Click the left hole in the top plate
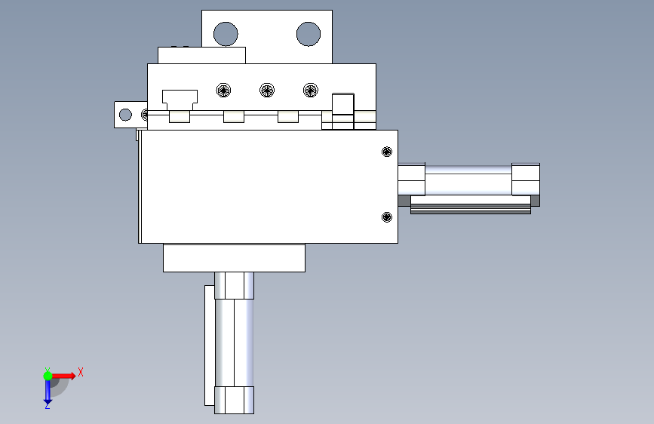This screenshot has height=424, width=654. pos(226,34)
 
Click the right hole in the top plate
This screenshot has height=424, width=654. pos(309,34)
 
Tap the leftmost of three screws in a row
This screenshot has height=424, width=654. pos(223,90)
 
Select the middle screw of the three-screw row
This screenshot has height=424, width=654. pos(267,90)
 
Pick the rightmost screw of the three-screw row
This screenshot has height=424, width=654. pos(310,90)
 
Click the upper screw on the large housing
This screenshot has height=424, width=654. pos(387,152)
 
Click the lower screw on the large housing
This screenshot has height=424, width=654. pos(387,217)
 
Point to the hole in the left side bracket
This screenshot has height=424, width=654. pos(125,115)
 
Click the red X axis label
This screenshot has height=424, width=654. pos(81,372)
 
